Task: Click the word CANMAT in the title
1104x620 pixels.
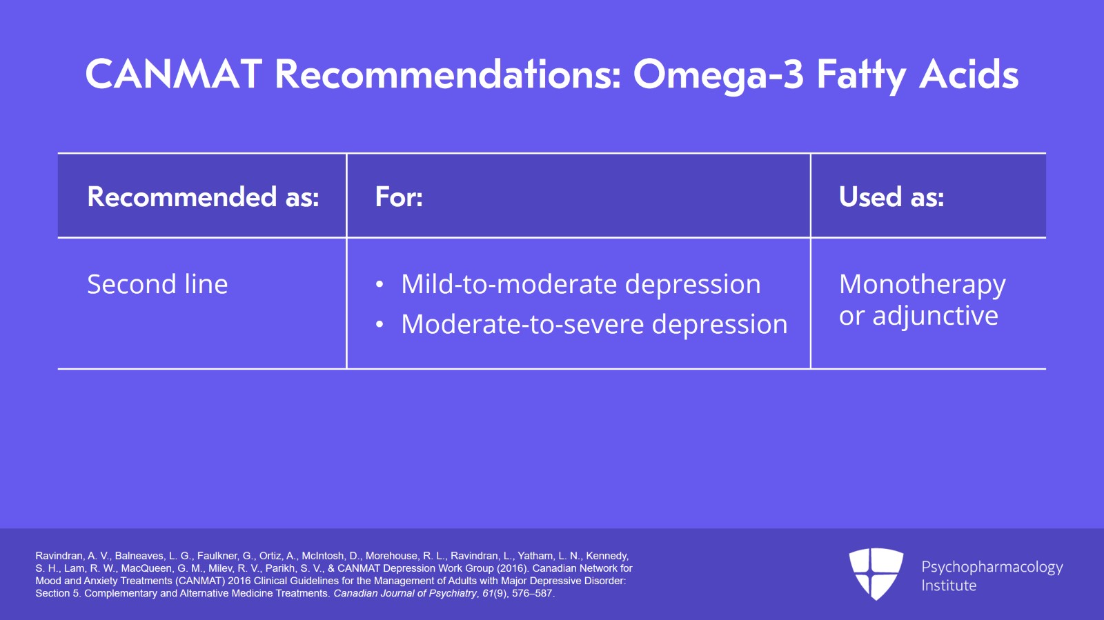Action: [x=173, y=75]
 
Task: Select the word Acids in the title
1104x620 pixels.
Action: [x=969, y=74]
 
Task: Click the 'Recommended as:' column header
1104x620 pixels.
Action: [x=203, y=197]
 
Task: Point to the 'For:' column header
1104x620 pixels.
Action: [x=399, y=197]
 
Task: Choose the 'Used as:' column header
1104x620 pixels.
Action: [x=891, y=197]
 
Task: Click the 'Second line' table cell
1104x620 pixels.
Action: [x=157, y=284]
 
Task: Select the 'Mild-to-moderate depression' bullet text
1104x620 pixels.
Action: [x=580, y=284]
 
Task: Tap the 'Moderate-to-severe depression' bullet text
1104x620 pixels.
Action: [x=594, y=324]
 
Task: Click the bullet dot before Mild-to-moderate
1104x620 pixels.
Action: [x=379, y=285]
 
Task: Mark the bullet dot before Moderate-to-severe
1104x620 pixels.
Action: [x=379, y=325]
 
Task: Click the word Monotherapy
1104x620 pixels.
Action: [x=922, y=285]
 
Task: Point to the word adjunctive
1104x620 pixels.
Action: [x=936, y=316]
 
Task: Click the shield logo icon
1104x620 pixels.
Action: [x=876, y=573]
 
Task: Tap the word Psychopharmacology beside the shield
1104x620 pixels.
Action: [x=992, y=568]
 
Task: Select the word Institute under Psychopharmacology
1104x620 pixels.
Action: [x=949, y=586]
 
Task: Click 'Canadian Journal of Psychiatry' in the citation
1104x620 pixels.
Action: [x=405, y=593]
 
